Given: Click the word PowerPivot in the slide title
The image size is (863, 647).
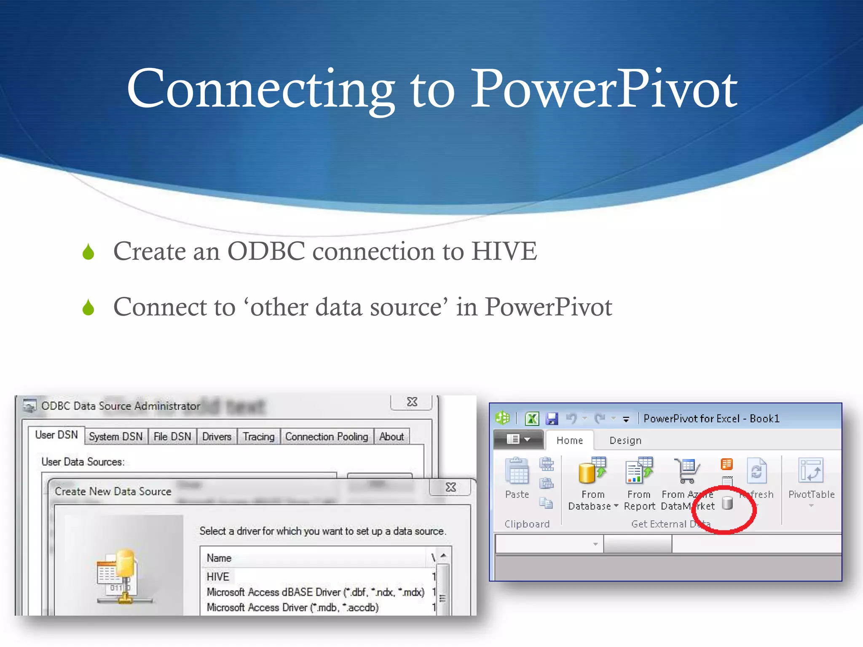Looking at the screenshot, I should click(603, 89).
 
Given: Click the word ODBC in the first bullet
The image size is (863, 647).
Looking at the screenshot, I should click(266, 251).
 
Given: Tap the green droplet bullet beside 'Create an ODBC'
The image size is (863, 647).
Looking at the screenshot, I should click(88, 252).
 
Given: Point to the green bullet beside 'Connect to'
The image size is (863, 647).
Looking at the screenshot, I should click(88, 307).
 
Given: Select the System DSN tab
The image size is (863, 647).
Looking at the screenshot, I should click(116, 436).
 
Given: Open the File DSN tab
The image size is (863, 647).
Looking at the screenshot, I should click(172, 436).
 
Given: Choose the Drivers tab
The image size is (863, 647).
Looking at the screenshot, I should click(217, 436).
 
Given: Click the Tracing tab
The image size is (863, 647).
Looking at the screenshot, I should click(258, 436).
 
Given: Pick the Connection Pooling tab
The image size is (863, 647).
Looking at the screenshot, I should click(327, 436).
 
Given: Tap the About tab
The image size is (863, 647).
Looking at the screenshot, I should click(391, 436).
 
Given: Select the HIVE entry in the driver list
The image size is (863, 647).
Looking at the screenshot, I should click(218, 577).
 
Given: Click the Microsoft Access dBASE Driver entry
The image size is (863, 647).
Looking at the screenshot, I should click(315, 592).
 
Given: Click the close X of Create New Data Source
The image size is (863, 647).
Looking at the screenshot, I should click(451, 487).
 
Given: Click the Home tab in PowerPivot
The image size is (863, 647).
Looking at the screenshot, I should click(569, 441).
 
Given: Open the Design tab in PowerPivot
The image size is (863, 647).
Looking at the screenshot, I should click(625, 441).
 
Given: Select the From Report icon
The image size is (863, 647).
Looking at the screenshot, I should click(638, 471).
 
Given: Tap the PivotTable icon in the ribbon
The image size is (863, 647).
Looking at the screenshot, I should click(811, 471).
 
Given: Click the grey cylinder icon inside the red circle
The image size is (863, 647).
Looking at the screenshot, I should click(727, 503).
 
